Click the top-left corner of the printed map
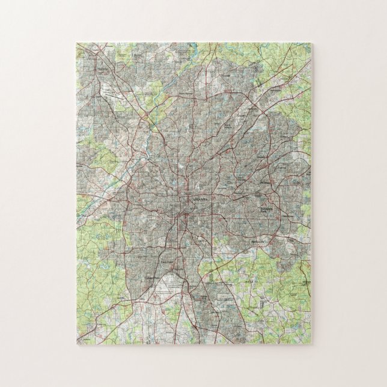coord(76,43)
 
